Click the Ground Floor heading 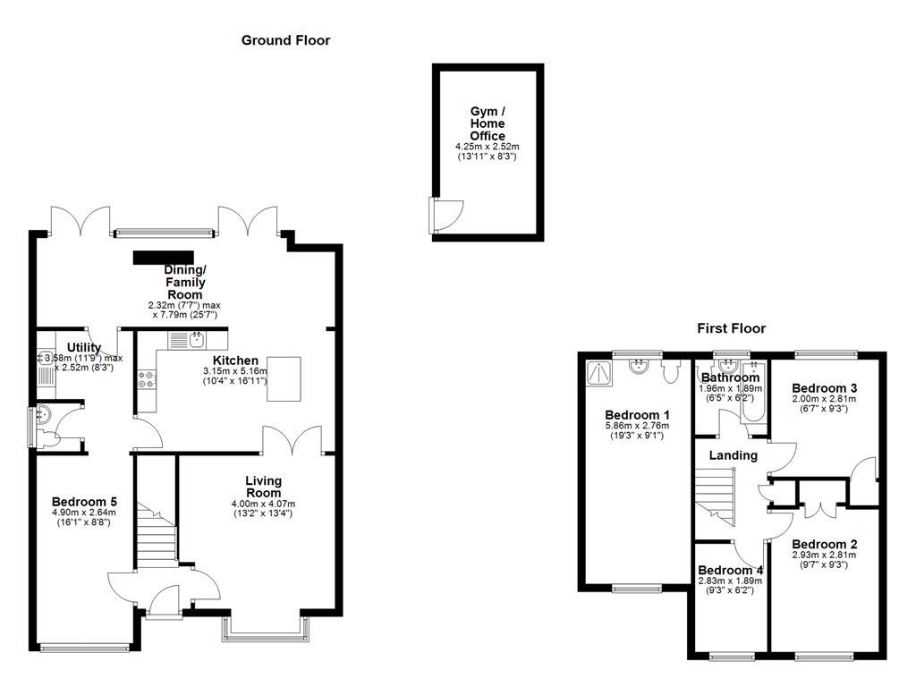[285, 40]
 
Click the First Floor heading [731, 328]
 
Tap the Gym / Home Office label [488, 123]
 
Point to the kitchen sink [188, 340]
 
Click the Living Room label [263, 487]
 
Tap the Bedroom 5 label [84, 502]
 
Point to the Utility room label [84, 348]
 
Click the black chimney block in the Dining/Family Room [164, 258]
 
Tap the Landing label [733, 455]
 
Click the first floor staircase [717, 496]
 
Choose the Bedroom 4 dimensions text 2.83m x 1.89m [730, 581]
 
